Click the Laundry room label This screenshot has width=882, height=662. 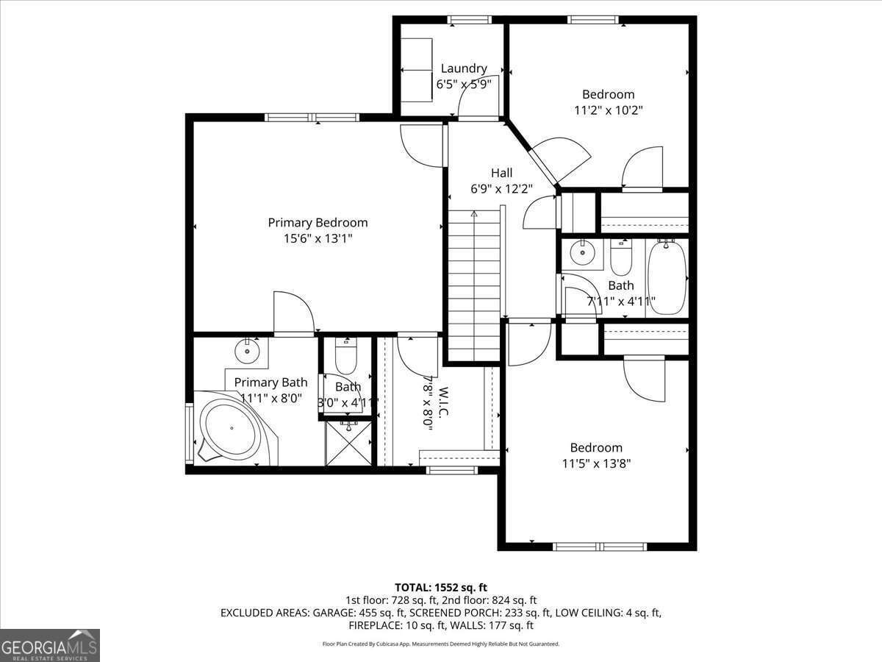(463, 68)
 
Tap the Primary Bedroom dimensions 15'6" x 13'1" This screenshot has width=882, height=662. (318, 238)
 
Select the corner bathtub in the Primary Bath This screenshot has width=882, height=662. (231, 429)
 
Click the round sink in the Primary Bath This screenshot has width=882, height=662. (247, 351)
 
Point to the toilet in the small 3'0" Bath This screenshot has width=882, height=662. (345, 357)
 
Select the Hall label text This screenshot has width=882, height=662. (502, 173)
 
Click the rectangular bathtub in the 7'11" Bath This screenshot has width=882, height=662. (667, 277)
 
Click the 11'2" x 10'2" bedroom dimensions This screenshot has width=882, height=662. (608, 110)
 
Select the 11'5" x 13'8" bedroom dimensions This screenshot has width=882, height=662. (596, 463)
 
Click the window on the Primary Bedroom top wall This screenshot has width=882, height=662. (312, 117)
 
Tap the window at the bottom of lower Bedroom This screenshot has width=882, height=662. (599, 547)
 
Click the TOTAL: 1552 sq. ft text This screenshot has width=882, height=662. (441, 587)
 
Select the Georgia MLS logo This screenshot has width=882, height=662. (50, 645)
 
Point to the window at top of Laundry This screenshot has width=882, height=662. (470, 20)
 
